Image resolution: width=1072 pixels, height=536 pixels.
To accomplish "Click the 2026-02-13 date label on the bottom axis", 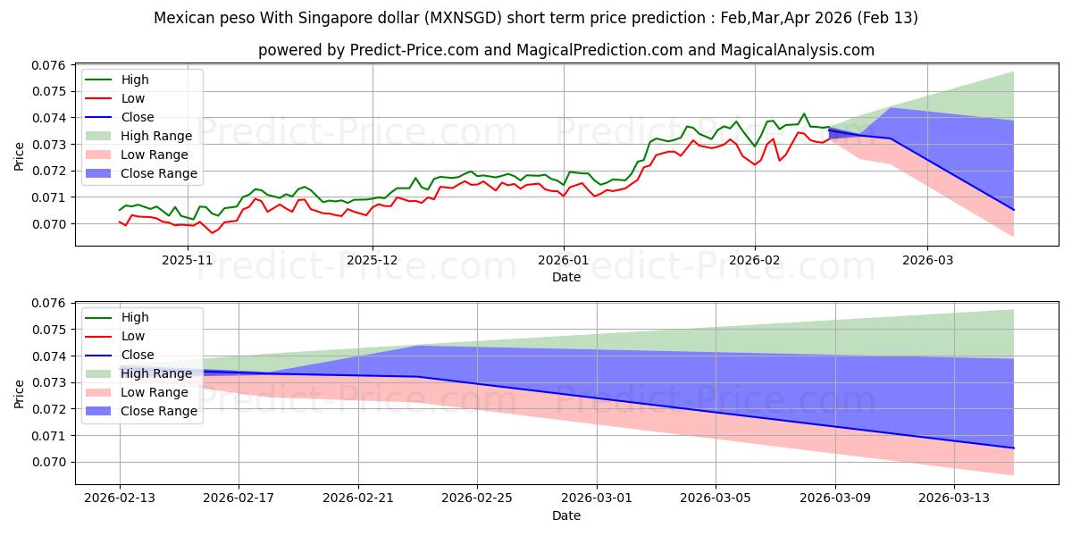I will coord(120,498).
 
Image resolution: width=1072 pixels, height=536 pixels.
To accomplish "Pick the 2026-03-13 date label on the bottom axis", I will coord(955,498).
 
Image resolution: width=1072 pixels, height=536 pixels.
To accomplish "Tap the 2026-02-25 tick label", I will coord(478,498).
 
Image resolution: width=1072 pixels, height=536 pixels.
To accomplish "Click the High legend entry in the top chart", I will coord(135,80).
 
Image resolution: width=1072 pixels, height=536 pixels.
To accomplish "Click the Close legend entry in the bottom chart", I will coord(138,356).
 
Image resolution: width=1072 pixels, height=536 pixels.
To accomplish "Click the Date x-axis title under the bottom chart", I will coord(566,516).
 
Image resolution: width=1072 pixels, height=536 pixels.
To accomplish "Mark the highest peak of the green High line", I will coord(804,113).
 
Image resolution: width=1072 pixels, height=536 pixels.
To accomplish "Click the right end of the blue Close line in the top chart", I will coord(1014,210).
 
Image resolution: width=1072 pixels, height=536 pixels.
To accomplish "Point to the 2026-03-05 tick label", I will coord(716,498).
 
